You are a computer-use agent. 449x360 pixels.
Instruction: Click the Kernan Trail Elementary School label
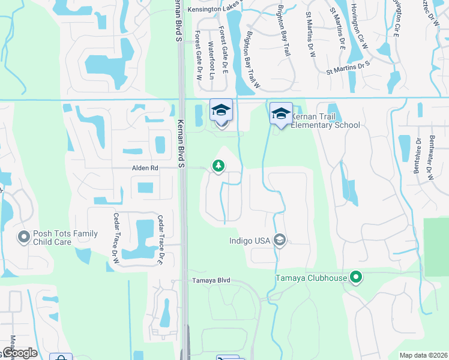click(x=325, y=121)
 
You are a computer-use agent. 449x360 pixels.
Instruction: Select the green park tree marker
click(x=219, y=166)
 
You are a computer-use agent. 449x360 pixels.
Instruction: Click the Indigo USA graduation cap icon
click(x=280, y=241)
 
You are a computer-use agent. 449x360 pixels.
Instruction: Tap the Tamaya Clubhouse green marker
click(x=357, y=277)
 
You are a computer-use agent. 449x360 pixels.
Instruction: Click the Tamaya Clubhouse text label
click(x=311, y=278)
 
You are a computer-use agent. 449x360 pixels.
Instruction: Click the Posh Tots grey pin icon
click(x=24, y=238)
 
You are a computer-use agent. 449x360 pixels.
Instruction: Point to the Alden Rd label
click(x=145, y=169)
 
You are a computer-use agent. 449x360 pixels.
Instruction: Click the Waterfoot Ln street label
click(x=211, y=60)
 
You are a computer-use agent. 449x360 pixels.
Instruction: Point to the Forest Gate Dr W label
click(x=198, y=57)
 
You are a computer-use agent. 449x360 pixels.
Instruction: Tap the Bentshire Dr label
click(x=416, y=153)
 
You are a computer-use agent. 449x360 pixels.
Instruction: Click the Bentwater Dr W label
click(x=431, y=157)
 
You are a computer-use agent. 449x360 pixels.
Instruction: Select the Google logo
click(x=19, y=353)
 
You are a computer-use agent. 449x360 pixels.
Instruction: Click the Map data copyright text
click(x=423, y=355)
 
